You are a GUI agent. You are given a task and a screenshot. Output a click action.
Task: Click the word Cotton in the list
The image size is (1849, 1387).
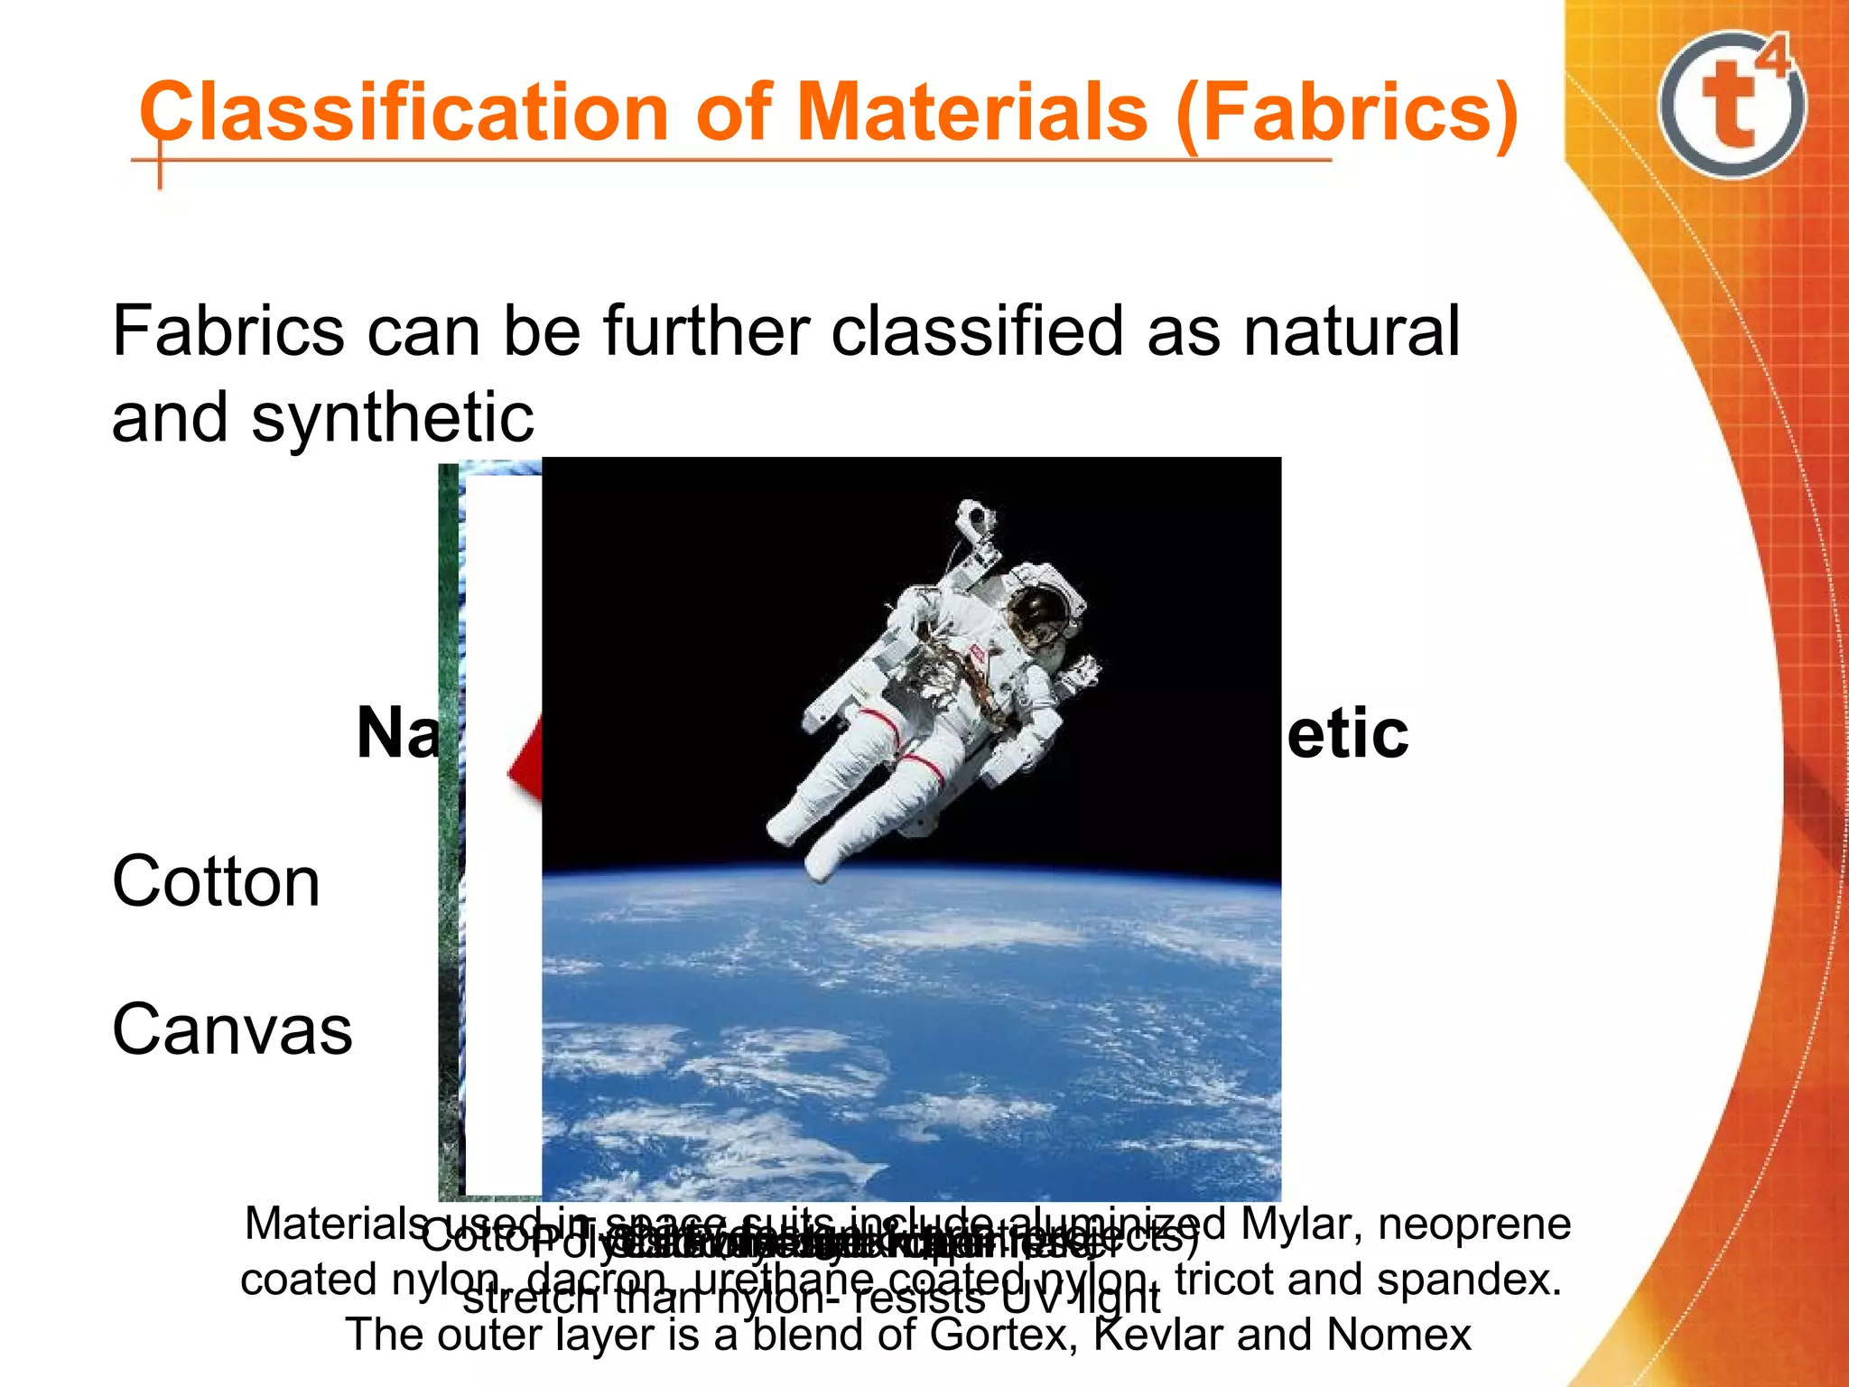(x=216, y=881)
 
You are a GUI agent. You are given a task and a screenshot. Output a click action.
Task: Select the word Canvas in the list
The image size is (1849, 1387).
(x=232, y=1029)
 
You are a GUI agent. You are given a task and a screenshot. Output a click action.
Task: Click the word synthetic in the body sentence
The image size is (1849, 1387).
(x=393, y=417)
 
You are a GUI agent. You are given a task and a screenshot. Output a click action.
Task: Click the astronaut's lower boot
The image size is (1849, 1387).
(x=822, y=862)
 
